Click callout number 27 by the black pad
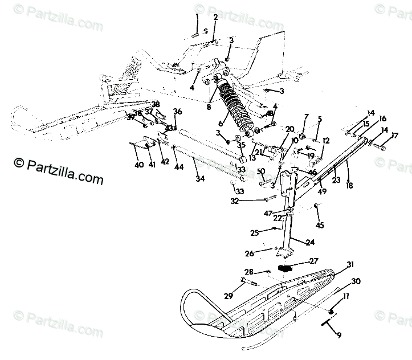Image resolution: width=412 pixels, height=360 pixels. tap(313, 261)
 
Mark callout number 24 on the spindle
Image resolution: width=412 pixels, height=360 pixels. tap(310, 242)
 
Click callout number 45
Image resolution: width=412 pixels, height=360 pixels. tap(320, 226)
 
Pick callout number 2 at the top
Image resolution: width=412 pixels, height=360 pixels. tap(215, 18)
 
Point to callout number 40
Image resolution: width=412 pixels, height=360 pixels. tap(138, 165)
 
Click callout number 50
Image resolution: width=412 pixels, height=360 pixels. tap(260, 171)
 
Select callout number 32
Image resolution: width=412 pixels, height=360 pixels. tap(251, 201)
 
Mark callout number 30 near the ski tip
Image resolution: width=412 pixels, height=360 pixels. tap(356, 281)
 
